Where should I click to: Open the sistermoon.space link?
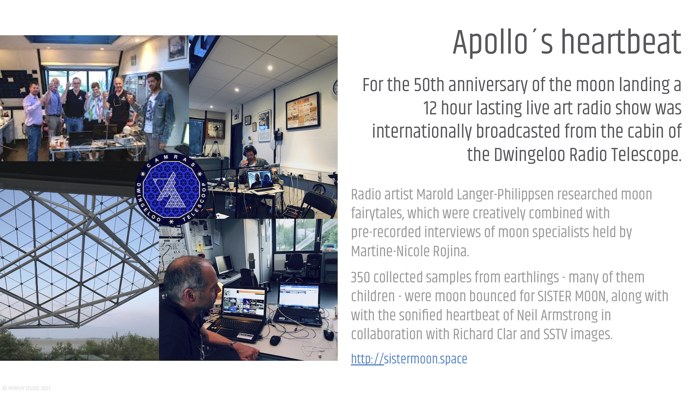[x=409, y=359]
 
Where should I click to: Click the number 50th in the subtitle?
[x=429, y=85]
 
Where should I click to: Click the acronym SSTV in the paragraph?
[x=555, y=334]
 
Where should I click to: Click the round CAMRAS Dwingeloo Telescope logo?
[x=171, y=189]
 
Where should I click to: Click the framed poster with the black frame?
[x=302, y=110]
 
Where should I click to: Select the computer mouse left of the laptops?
[x=275, y=340]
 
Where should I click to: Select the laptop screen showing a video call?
[x=261, y=180]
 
